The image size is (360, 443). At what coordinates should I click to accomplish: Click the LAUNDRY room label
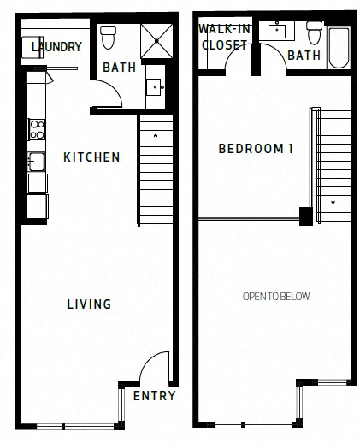pyautogui.click(x=56, y=47)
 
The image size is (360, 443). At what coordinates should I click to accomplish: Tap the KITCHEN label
pyautogui.click(x=91, y=157)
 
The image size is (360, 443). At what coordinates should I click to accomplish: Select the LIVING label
pyautogui.click(x=89, y=304)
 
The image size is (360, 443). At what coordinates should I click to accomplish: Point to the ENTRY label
pyautogui.click(x=154, y=396)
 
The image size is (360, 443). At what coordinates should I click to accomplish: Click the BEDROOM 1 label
pyautogui.click(x=256, y=149)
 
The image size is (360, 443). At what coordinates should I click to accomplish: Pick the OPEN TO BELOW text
pyautogui.click(x=276, y=297)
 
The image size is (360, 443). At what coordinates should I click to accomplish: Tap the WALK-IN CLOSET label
pyautogui.click(x=225, y=37)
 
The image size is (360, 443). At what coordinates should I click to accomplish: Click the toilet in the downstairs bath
pyautogui.click(x=109, y=38)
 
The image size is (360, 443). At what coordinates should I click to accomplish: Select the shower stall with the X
pyautogui.click(x=156, y=41)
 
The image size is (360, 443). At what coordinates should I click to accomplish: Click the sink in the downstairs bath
pyautogui.click(x=155, y=87)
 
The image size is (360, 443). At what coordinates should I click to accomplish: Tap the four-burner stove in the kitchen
pyautogui.click(x=37, y=129)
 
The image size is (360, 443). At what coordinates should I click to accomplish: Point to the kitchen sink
pyautogui.click(x=36, y=162)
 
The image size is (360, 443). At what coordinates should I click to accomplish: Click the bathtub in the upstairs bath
pyautogui.click(x=339, y=48)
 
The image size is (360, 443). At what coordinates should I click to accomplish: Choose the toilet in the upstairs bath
pyautogui.click(x=315, y=32)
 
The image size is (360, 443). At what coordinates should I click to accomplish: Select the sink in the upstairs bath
pyautogui.click(x=277, y=31)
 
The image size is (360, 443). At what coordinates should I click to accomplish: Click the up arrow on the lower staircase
pyautogui.click(x=156, y=183)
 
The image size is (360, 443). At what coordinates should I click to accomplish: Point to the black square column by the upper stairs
pyautogui.click(x=306, y=216)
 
